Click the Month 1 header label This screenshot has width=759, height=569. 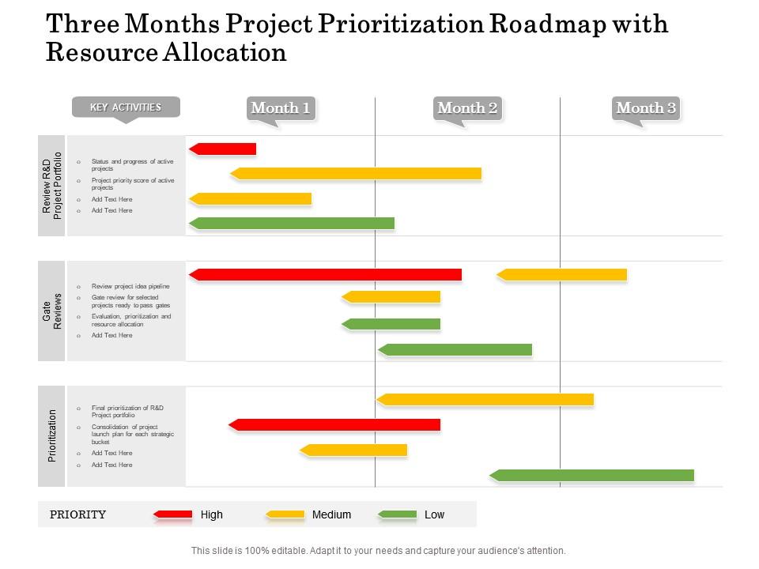click(x=281, y=108)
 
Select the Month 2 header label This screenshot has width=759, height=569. click(x=467, y=108)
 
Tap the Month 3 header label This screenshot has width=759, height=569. click(x=646, y=108)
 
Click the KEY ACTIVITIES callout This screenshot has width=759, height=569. click(x=126, y=107)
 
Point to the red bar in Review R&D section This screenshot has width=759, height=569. click(x=223, y=149)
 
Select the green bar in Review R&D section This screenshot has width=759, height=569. click(x=292, y=224)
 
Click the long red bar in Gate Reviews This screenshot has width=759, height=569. click(x=325, y=274)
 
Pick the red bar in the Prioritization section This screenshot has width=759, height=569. click(x=334, y=425)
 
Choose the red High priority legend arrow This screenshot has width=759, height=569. click(x=173, y=514)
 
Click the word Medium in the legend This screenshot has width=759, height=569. click(x=331, y=514)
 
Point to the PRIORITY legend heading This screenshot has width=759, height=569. click(x=77, y=514)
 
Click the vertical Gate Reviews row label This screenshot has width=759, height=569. click(x=52, y=311)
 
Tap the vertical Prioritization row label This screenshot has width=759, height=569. click(x=52, y=435)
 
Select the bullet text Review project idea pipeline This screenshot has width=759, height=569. click(x=130, y=286)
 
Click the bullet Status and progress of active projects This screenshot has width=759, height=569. click(x=132, y=164)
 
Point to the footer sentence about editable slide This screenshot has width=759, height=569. click(x=379, y=551)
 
